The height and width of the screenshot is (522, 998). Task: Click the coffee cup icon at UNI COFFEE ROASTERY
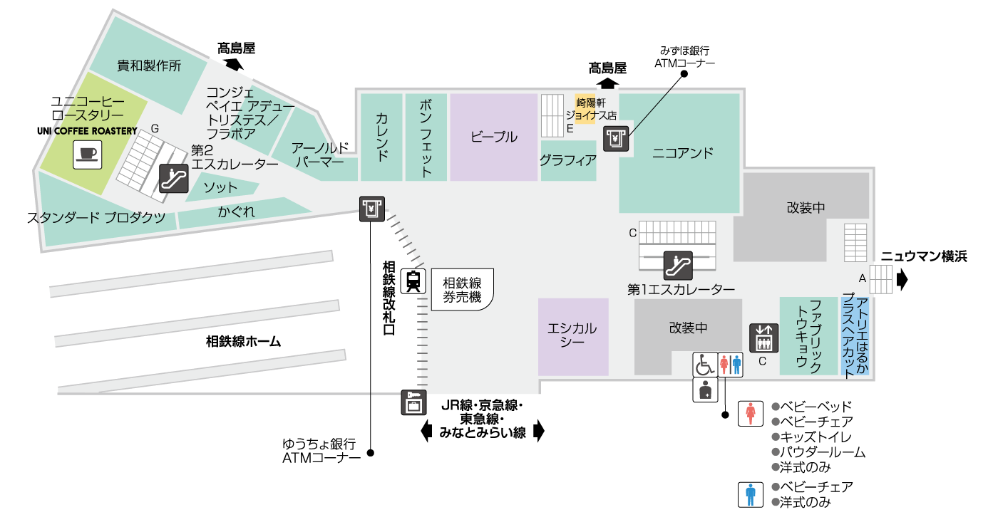(x=87, y=155)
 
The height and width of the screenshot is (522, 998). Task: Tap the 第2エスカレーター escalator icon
(x=173, y=179)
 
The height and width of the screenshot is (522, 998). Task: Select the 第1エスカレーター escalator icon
(x=678, y=265)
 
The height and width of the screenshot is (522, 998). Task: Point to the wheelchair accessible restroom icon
(x=705, y=364)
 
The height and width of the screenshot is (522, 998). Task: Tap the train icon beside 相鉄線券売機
(x=413, y=281)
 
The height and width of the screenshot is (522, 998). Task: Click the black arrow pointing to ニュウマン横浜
(x=902, y=279)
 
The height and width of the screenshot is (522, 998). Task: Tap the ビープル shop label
(x=493, y=137)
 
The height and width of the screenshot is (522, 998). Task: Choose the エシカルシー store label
(x=572, y=335)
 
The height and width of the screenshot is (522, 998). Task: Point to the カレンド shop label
(x=381, y=137)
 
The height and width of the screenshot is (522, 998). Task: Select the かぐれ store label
(x=236, y=212)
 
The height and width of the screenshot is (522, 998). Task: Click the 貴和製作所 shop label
(x=149, y=66)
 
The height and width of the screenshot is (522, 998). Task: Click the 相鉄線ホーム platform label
(x=243, y=342)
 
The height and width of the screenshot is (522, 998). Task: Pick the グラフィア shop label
(x=567, y=160)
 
